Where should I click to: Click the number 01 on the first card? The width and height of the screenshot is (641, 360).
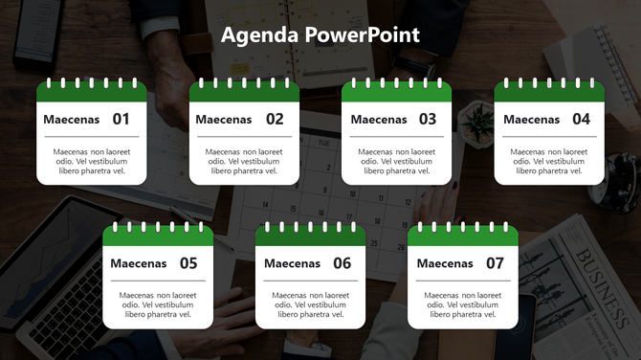[121, 120]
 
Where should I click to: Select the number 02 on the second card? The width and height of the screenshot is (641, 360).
[275, 120]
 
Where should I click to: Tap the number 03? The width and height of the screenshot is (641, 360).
[427, 120]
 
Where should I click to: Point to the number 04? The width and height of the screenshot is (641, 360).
[581, 120]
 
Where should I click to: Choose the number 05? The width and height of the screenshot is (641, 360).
[188, 263]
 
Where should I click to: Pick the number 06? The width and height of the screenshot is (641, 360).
[342, 263]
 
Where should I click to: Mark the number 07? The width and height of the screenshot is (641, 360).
[495, 263]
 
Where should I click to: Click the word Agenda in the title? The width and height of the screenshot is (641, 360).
[260, 36]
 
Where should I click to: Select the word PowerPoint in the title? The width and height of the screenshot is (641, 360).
[363, 36]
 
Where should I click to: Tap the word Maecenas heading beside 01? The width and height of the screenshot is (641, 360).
[70, 120]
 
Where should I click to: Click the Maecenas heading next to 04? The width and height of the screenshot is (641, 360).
[531, 120]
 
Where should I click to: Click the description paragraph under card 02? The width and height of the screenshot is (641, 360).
[244, 161]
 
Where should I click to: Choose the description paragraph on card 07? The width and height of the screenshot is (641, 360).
[463, 304]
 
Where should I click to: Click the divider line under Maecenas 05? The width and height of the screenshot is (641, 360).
[158, 281]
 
